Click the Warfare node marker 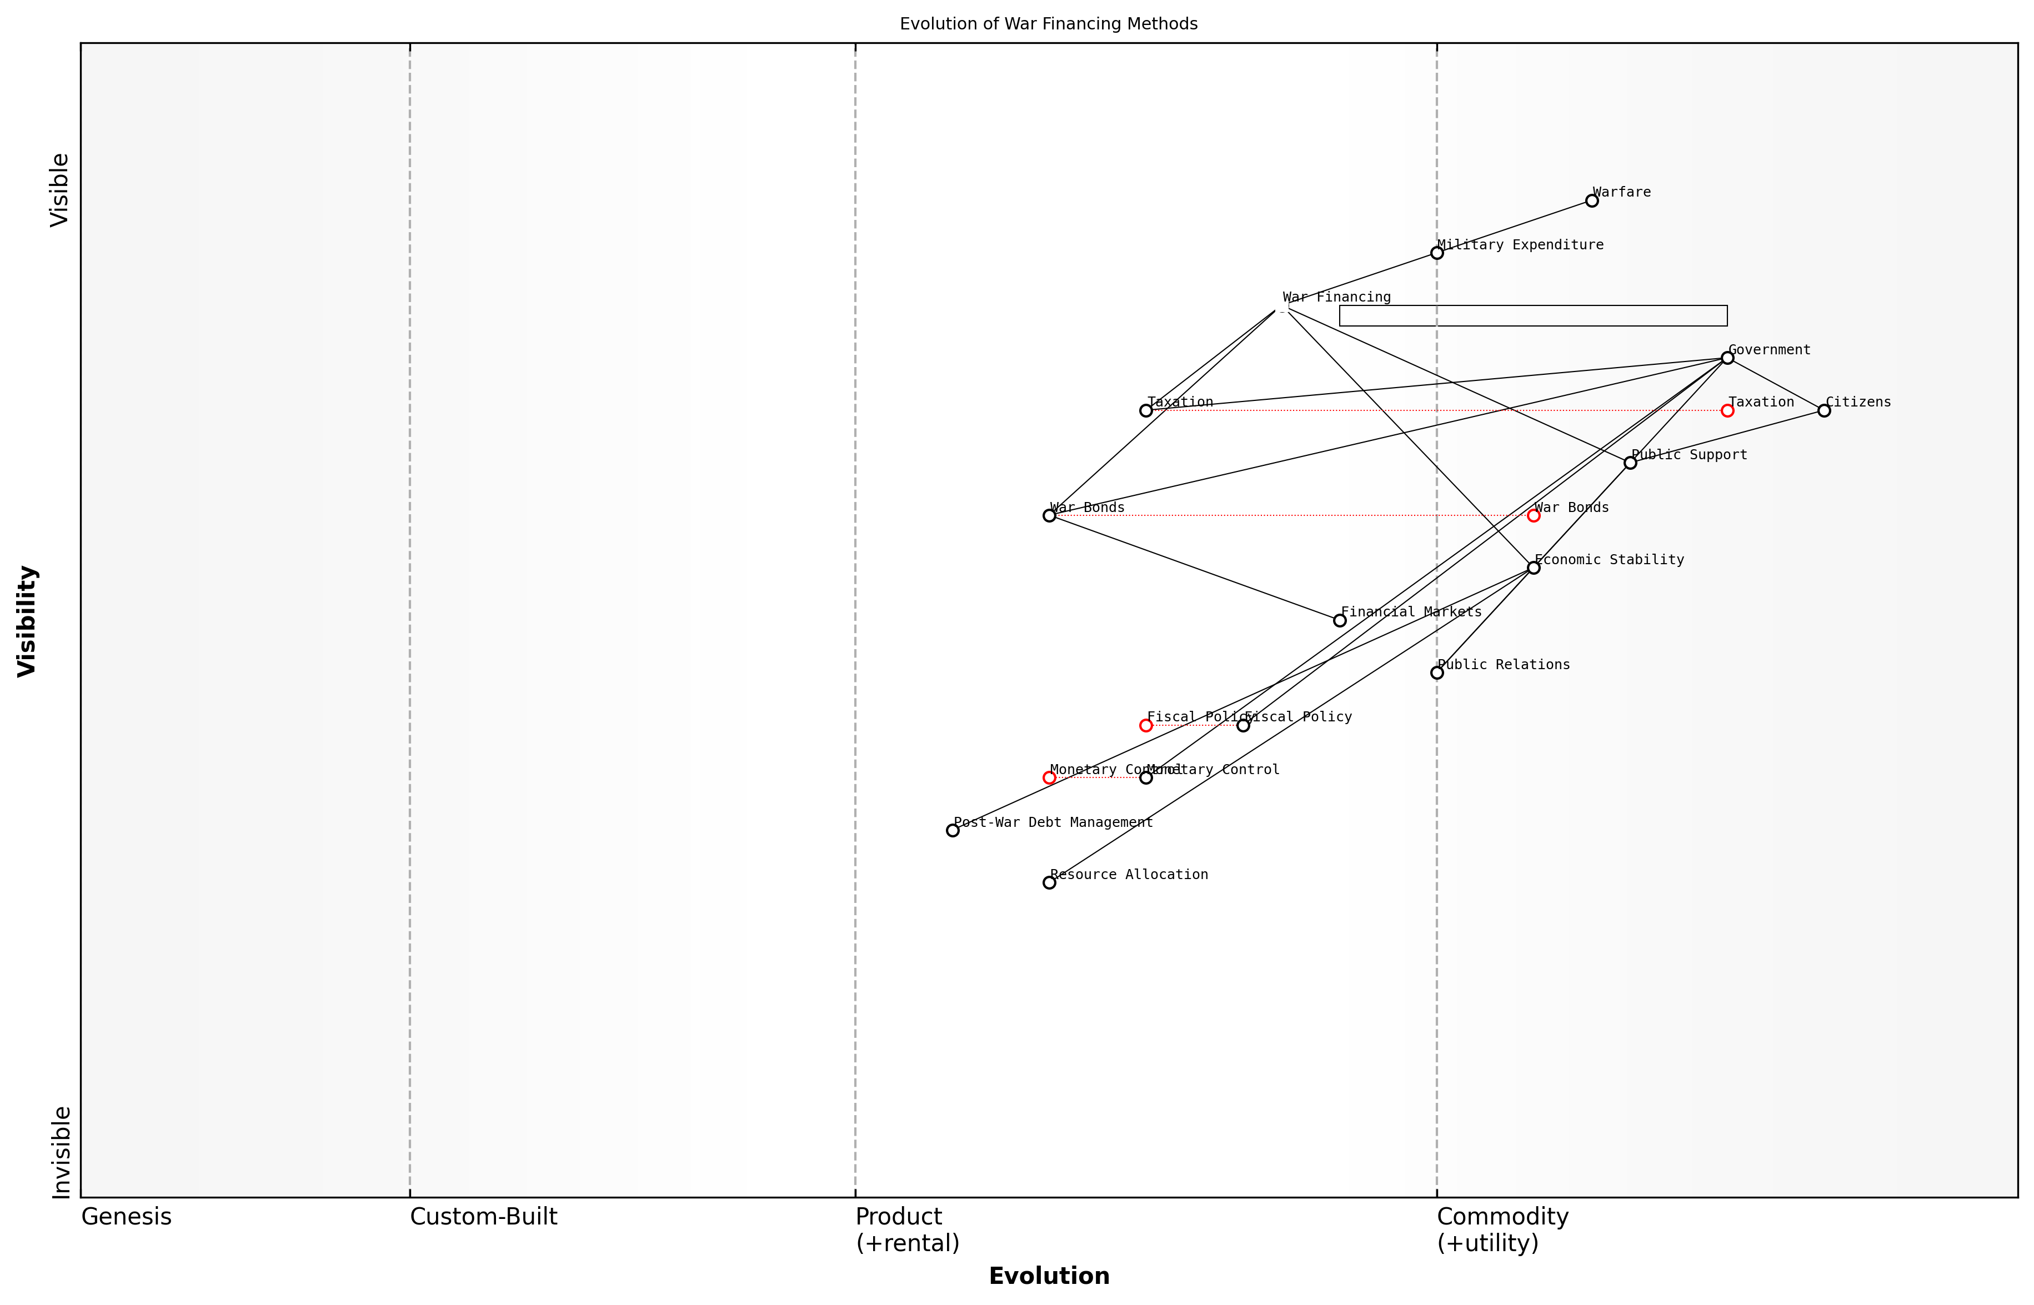click(1592, 201)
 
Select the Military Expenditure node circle click(1436, 253)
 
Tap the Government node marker click(1727, 358)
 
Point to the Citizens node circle click(1824, 410)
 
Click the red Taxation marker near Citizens click(1727, 410)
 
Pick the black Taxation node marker click(1146, 410)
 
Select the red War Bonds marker click(1533, 515)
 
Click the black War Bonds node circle click(1049, 515)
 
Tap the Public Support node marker click(1630, 463)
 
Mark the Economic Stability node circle click(1533, 568)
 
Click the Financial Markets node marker click(1340, 620)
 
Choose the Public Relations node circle click(1436, 673)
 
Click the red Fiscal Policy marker click(1146, 725)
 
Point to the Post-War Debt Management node click(953, 830)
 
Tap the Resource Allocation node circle click(1049, 882)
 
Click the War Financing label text click(1336, 298)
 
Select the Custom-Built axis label click(483, 1217)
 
